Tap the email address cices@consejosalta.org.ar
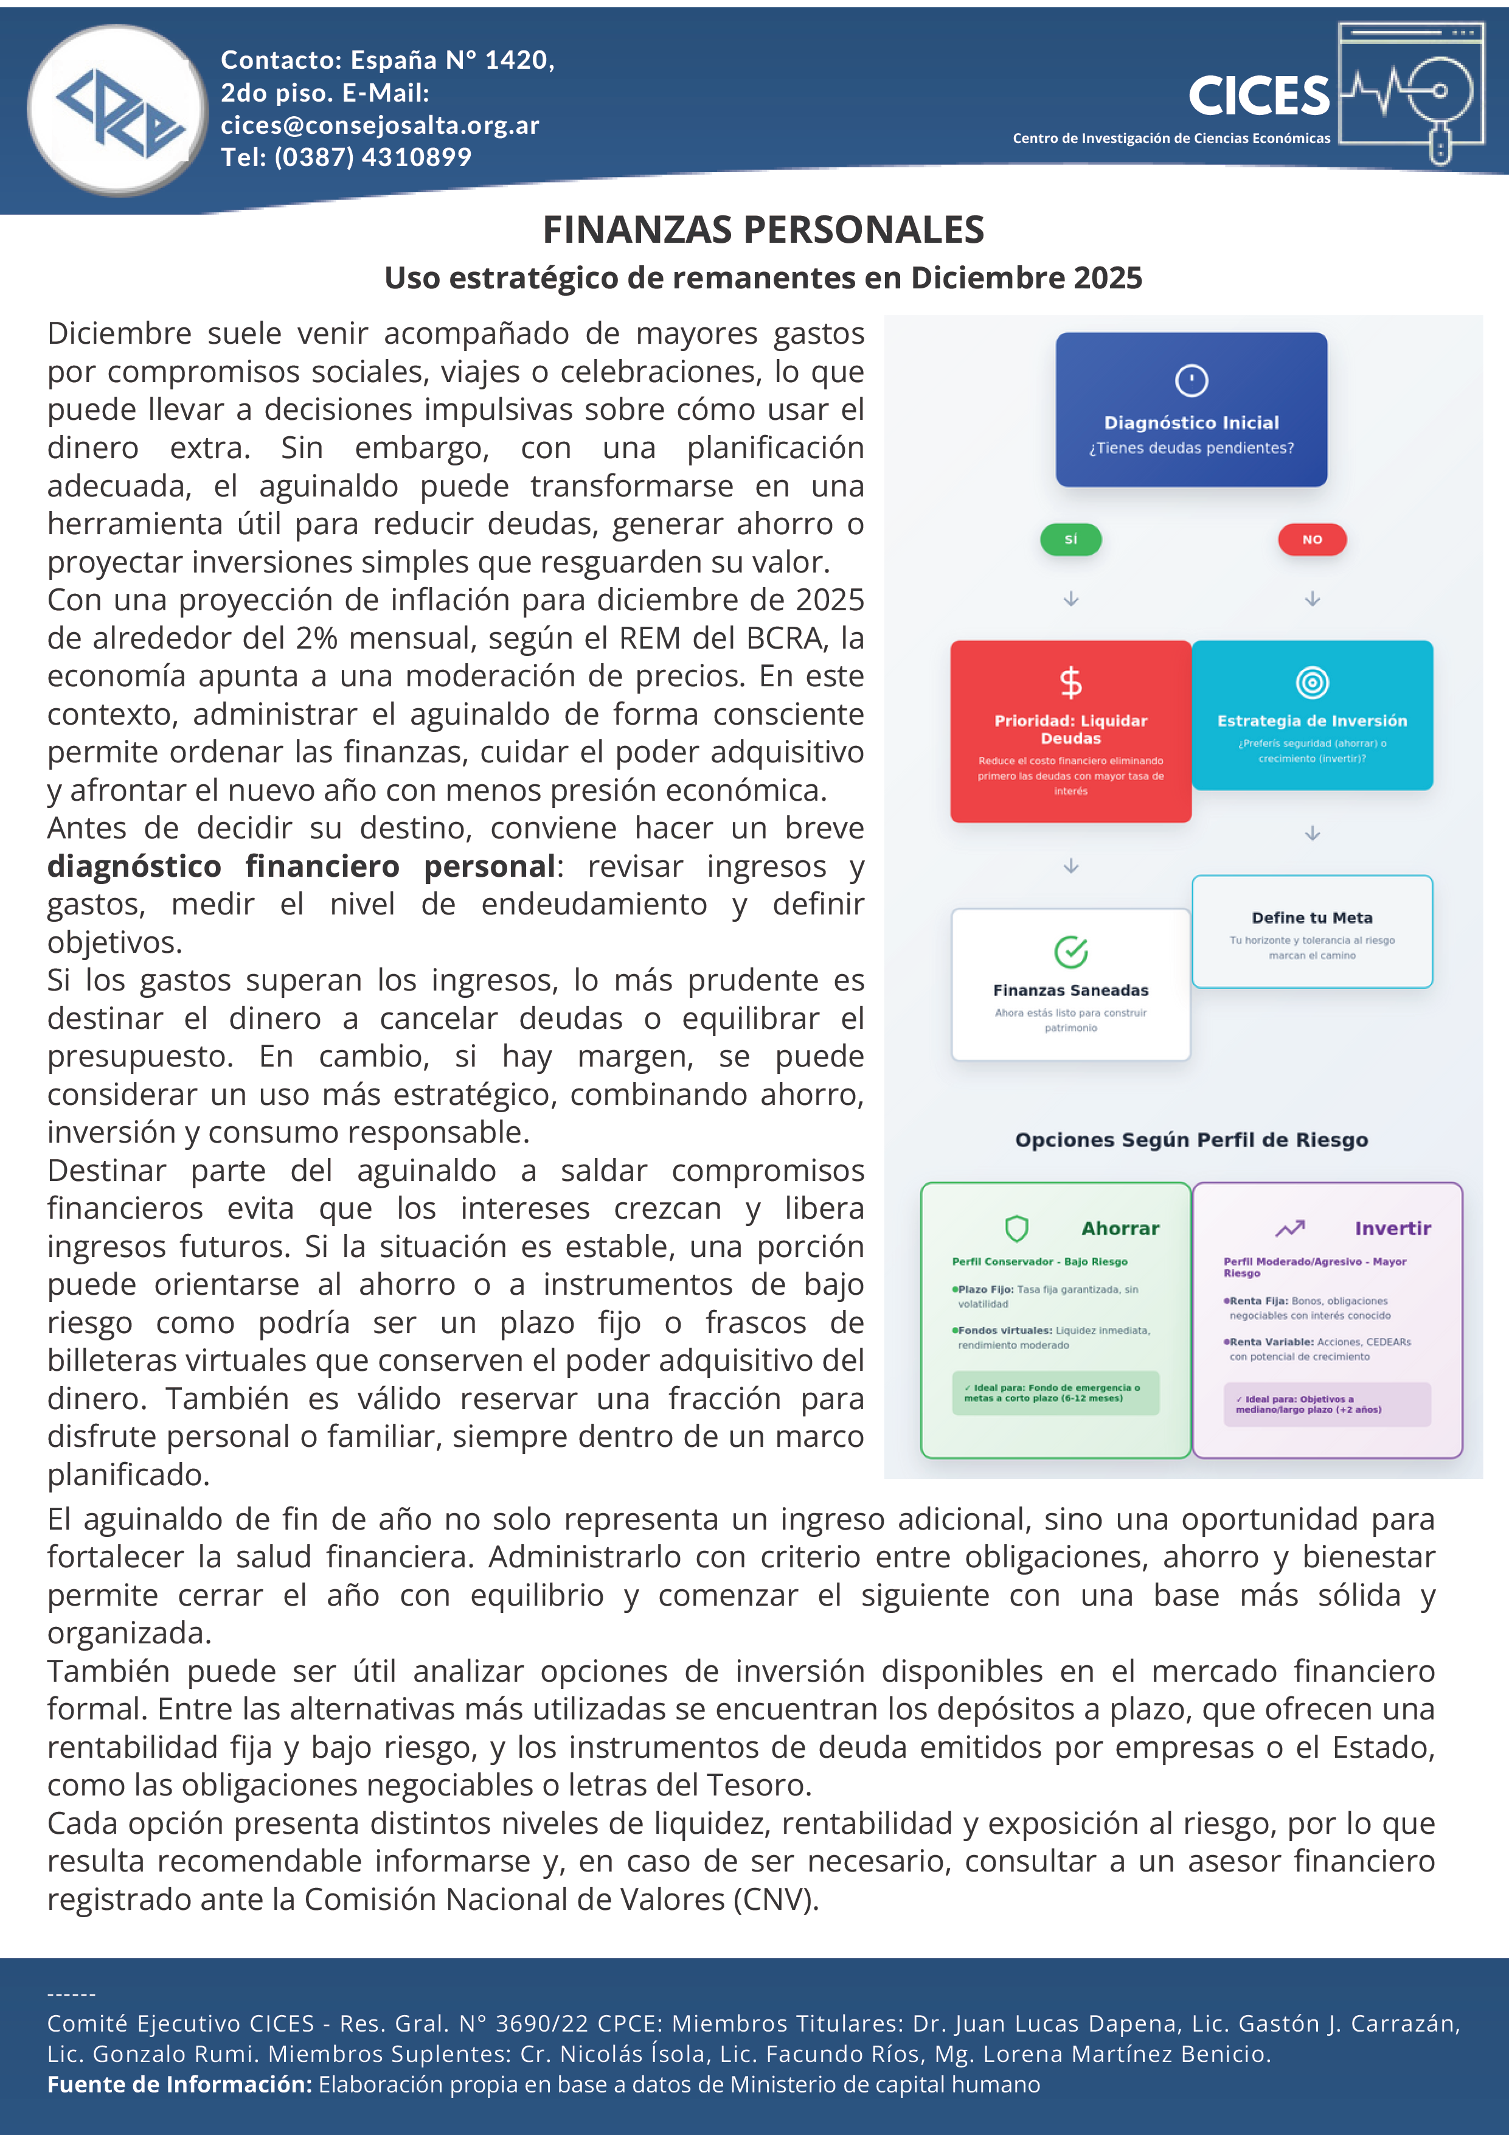(x=380, y=125)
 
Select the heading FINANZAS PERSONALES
(x=763, y=229)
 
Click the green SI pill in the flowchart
(x=1070, y=539)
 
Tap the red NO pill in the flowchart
(x=1312, y=539)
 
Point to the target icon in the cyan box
(x=1312, y=683)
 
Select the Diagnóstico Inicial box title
(x=1191, y=423)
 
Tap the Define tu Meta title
(x=1312, y=918)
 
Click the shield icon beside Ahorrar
(x=1016, y=1228)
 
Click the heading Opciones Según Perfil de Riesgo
(x=1191, y=1140)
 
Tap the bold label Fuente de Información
(x=179, y=2084)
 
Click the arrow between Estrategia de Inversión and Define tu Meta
(x=1312, y=833)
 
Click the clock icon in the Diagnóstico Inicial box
(x=1191, y=380)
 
